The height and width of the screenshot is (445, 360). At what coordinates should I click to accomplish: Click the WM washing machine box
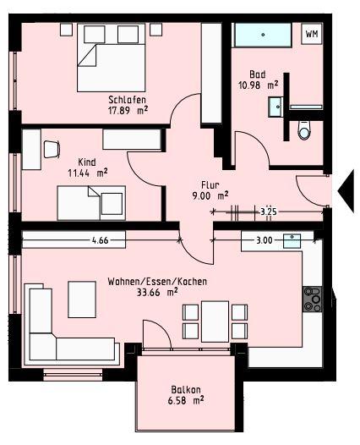(312, 35)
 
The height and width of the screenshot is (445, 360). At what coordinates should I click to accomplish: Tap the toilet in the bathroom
(305, 129)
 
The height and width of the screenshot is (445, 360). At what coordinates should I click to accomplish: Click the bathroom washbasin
(275, 107)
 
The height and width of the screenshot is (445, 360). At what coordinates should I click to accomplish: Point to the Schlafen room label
(127, 98)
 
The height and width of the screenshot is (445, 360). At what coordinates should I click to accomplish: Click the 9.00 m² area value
(210, 195)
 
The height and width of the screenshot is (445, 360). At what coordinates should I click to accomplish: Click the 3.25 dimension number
(269, 211)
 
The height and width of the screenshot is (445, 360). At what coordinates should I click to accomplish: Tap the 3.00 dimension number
(264, 240)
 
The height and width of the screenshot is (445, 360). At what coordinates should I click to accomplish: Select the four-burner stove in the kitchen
(312, 297)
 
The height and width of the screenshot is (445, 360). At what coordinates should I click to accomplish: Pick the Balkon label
(187, 390)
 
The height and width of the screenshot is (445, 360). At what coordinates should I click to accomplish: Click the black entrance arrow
(346, 190)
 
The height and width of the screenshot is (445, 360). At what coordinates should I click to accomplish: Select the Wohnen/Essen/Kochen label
(158, 282)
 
